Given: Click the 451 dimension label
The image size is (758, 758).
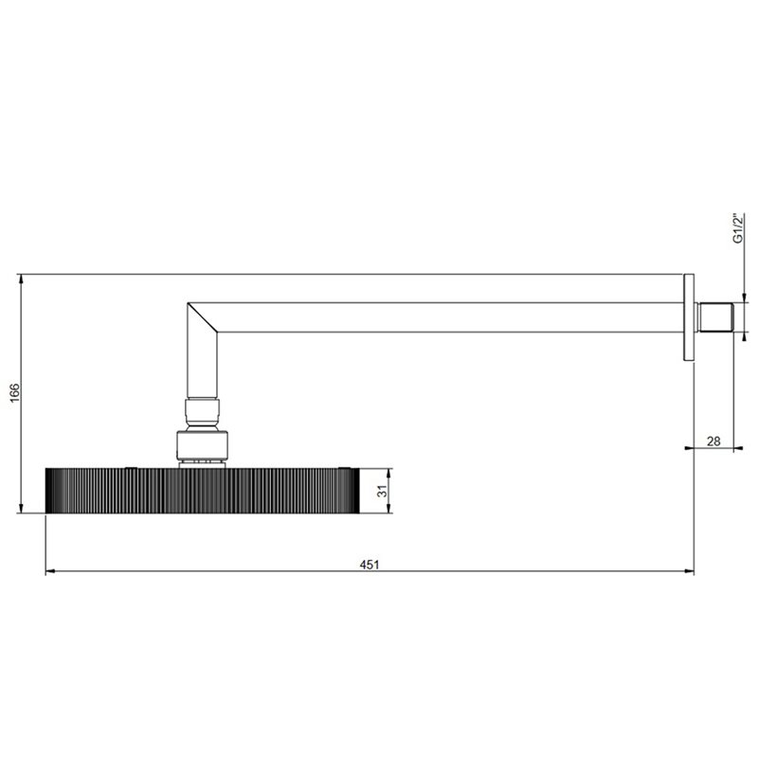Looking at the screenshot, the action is pos(370,564).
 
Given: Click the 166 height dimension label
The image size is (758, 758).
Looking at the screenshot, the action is pos(14,392).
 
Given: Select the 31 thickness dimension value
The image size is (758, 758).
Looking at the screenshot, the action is pos(383,491).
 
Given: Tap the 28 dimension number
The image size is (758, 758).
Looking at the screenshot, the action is pos(713,441).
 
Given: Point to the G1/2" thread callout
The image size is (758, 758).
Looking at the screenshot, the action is pos(738,228).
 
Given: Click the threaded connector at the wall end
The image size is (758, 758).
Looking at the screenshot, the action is pos(714,317).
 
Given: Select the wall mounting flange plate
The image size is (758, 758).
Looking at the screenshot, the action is pos(689,317).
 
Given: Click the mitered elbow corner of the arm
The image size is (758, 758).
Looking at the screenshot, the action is pos(202,317).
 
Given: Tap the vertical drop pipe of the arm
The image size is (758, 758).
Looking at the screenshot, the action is pos(202,366).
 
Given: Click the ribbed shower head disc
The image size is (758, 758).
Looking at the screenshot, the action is pos(203,490).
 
